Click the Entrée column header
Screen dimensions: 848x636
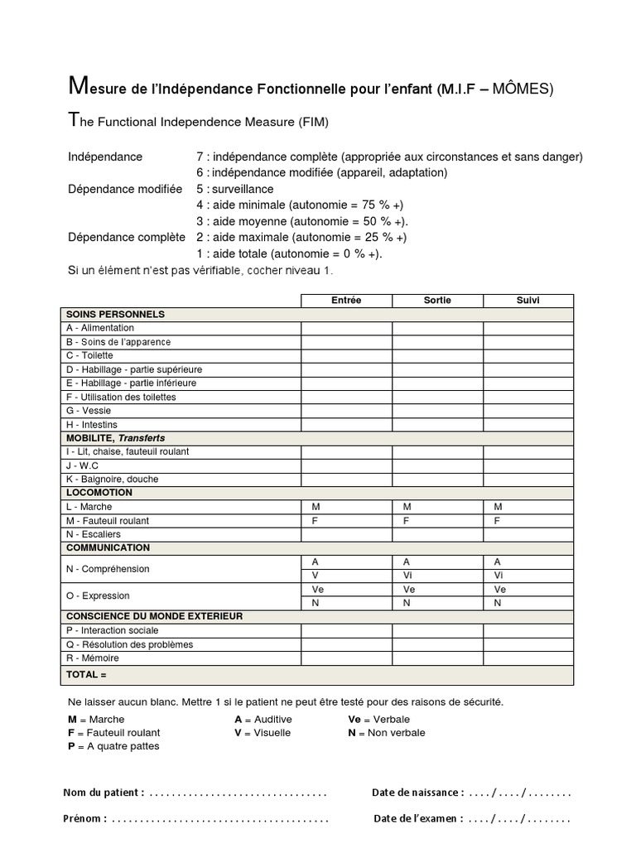point(346,301)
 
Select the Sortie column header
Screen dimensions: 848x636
point(437,301)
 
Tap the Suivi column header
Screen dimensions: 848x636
point(528,301)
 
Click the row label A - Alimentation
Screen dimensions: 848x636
point(99,328)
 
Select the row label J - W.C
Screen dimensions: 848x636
point(82,465)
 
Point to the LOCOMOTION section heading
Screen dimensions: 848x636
point(99,493)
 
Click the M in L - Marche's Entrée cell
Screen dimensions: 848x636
point(316,507)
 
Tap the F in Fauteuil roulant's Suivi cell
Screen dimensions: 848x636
point(497,521)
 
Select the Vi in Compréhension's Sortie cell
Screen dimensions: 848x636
point(407,576)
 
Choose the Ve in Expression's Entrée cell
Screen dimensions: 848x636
point(317,589)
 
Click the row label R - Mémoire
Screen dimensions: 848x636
point(92,658)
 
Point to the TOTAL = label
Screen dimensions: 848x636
point(86,675)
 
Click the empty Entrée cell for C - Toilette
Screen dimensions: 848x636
point(346,355)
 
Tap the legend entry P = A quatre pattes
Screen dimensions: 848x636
point(113,746)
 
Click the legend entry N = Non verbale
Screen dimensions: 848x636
point(386,733)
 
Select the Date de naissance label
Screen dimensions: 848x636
point(417,793)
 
